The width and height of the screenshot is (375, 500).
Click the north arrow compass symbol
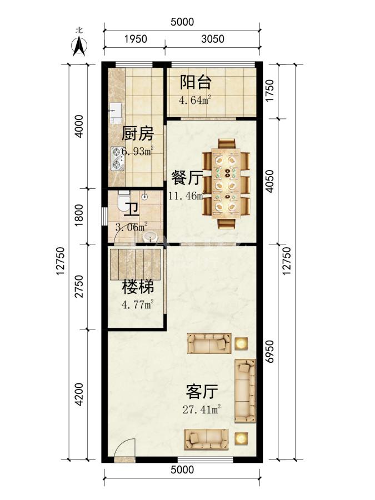[79, 46]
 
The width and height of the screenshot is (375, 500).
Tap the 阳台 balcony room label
[196, 82]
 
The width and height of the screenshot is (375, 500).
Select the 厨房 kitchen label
[137, 133]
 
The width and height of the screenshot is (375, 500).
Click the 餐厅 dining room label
[187, 177]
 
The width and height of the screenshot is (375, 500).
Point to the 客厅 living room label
[202, 392]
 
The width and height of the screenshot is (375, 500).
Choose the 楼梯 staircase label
[138, 287]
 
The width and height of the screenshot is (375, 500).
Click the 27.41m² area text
[202, 409]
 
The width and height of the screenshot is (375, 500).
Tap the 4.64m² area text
[195, 100]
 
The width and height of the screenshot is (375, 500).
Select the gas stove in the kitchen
[117, 158]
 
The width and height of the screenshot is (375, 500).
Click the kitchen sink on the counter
[115, 113]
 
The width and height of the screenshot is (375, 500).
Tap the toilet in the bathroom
[123, 202]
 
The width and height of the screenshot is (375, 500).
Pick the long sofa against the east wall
[245, 391]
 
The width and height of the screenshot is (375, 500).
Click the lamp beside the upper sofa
[242, 343]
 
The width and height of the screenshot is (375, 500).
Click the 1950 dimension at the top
[136, 39]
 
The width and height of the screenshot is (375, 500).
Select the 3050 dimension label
[213, 39]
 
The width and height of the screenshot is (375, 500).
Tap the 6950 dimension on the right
[270, 352]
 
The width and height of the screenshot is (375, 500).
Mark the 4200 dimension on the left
[79, 394]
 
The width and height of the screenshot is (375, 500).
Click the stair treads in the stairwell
[135, 264]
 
